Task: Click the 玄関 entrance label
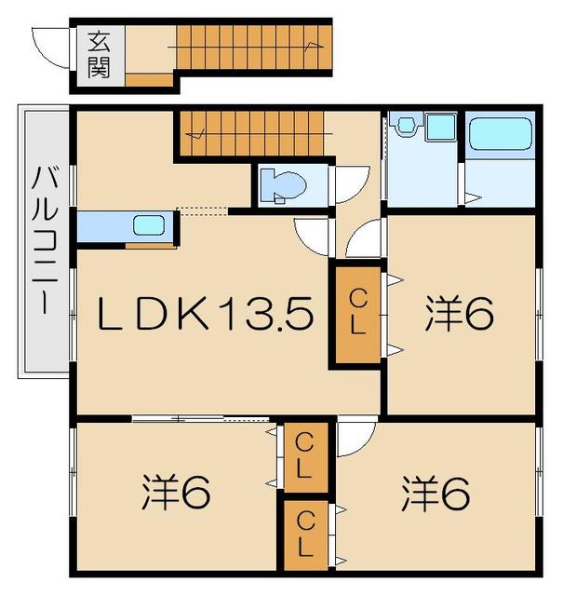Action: point(99,55)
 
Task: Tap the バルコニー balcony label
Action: point(44,245)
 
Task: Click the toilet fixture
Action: point(279,184)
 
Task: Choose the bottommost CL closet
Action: point(304,534)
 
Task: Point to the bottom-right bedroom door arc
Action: point(355,439)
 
